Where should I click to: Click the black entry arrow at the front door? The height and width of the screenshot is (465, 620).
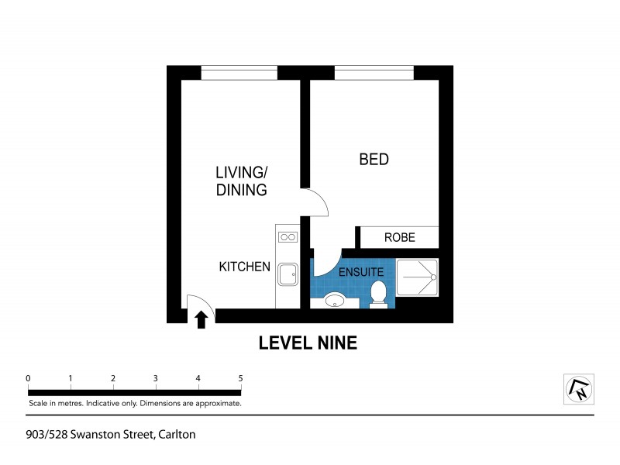click(x=201, y=319)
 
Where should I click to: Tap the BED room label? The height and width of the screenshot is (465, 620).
click(x=374, y=160)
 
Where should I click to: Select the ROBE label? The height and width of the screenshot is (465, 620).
click(x=400, y=238)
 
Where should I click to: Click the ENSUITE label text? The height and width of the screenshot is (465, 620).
click(x=361, y=273)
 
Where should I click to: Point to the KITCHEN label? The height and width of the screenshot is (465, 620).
click(x=244, y=267)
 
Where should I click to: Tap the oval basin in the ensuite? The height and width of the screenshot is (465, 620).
click(x=336, y=301)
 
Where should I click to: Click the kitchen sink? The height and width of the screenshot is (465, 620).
click(x=288, y=274)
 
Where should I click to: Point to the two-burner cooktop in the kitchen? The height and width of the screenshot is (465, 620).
click(x=288, y=237)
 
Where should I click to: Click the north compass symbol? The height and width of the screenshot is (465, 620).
click(x=577, y=389)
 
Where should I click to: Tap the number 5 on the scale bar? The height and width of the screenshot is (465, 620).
click(x=241, y=378)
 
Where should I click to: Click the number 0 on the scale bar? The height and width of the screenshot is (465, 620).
click(x=28, y=378)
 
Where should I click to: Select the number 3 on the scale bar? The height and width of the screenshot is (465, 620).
click(x=156, y=378)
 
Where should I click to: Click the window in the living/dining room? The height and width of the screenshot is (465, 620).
click(x=239, y=73)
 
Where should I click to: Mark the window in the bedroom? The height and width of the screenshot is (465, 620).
click(x=374, y=73)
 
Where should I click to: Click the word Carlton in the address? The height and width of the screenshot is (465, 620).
click(x=177, y=435)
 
